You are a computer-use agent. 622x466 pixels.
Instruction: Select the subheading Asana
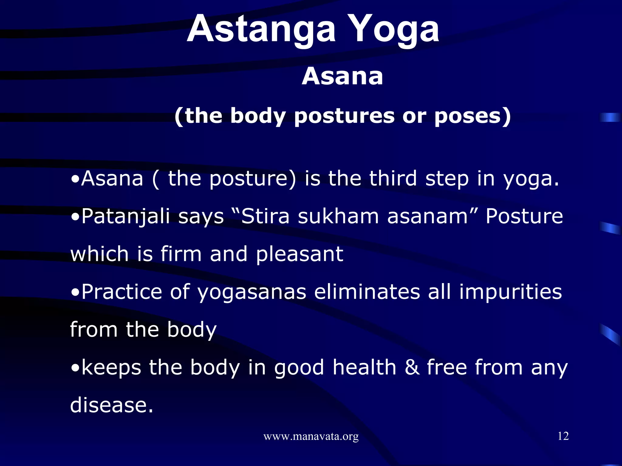pos(342,76)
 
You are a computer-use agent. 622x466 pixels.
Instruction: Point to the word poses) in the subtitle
pos(473,116)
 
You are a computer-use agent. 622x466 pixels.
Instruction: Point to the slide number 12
pos(563,436)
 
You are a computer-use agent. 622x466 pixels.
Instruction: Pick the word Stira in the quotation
pos(265,217)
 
